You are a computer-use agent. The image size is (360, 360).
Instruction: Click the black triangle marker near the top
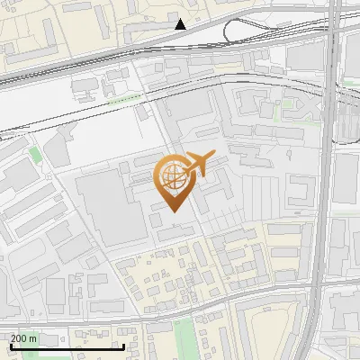point(181,24)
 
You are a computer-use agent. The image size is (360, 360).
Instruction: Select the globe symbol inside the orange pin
point(173,175)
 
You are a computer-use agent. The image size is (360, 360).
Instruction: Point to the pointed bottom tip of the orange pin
point(175,210)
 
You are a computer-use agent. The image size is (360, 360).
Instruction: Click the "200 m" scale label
point(24,338)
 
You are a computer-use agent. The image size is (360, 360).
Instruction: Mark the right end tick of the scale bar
point(123,346)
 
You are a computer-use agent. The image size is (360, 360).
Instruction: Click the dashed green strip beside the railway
point(124,100)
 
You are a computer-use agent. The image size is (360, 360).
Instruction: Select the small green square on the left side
point(34,155)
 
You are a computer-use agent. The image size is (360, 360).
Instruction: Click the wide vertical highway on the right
point(331,180)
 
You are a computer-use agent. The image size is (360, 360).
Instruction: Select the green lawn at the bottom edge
point(185,337)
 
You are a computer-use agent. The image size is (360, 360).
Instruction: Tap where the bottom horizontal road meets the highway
point(319,290)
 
